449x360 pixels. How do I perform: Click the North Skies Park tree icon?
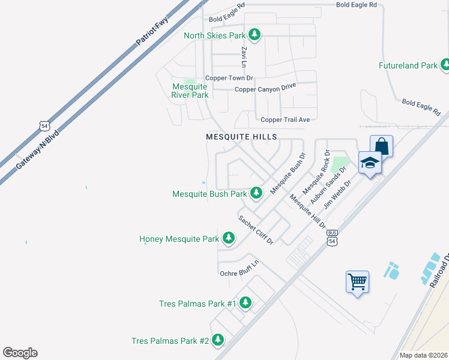tap(255, 35)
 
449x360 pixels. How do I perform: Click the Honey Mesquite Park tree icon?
tap(228, 238)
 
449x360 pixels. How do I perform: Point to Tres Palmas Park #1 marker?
tap(245, 303)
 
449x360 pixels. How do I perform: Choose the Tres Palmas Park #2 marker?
tap(217, 340)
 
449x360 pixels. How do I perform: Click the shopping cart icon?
tap(357, 280)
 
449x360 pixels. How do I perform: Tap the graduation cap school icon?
tap(370, 162)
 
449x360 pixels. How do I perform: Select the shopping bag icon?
tap(381, 146)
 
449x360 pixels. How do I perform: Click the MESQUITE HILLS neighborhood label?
tap(241, 137)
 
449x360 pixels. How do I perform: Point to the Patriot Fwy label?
tap(152, 31)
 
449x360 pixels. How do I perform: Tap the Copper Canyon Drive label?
tap(265, 89)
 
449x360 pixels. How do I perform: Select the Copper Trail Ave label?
tap(285, 119)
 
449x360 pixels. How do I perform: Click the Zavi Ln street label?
tap(244, 57)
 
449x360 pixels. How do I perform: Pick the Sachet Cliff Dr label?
tap(256, 230)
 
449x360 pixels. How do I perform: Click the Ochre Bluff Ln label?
tap(239, 269)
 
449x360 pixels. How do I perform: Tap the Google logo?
tap(20, 353)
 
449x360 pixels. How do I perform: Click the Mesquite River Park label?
tap(190, 91)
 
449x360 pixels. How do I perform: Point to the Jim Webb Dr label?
tap(336, 194)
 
